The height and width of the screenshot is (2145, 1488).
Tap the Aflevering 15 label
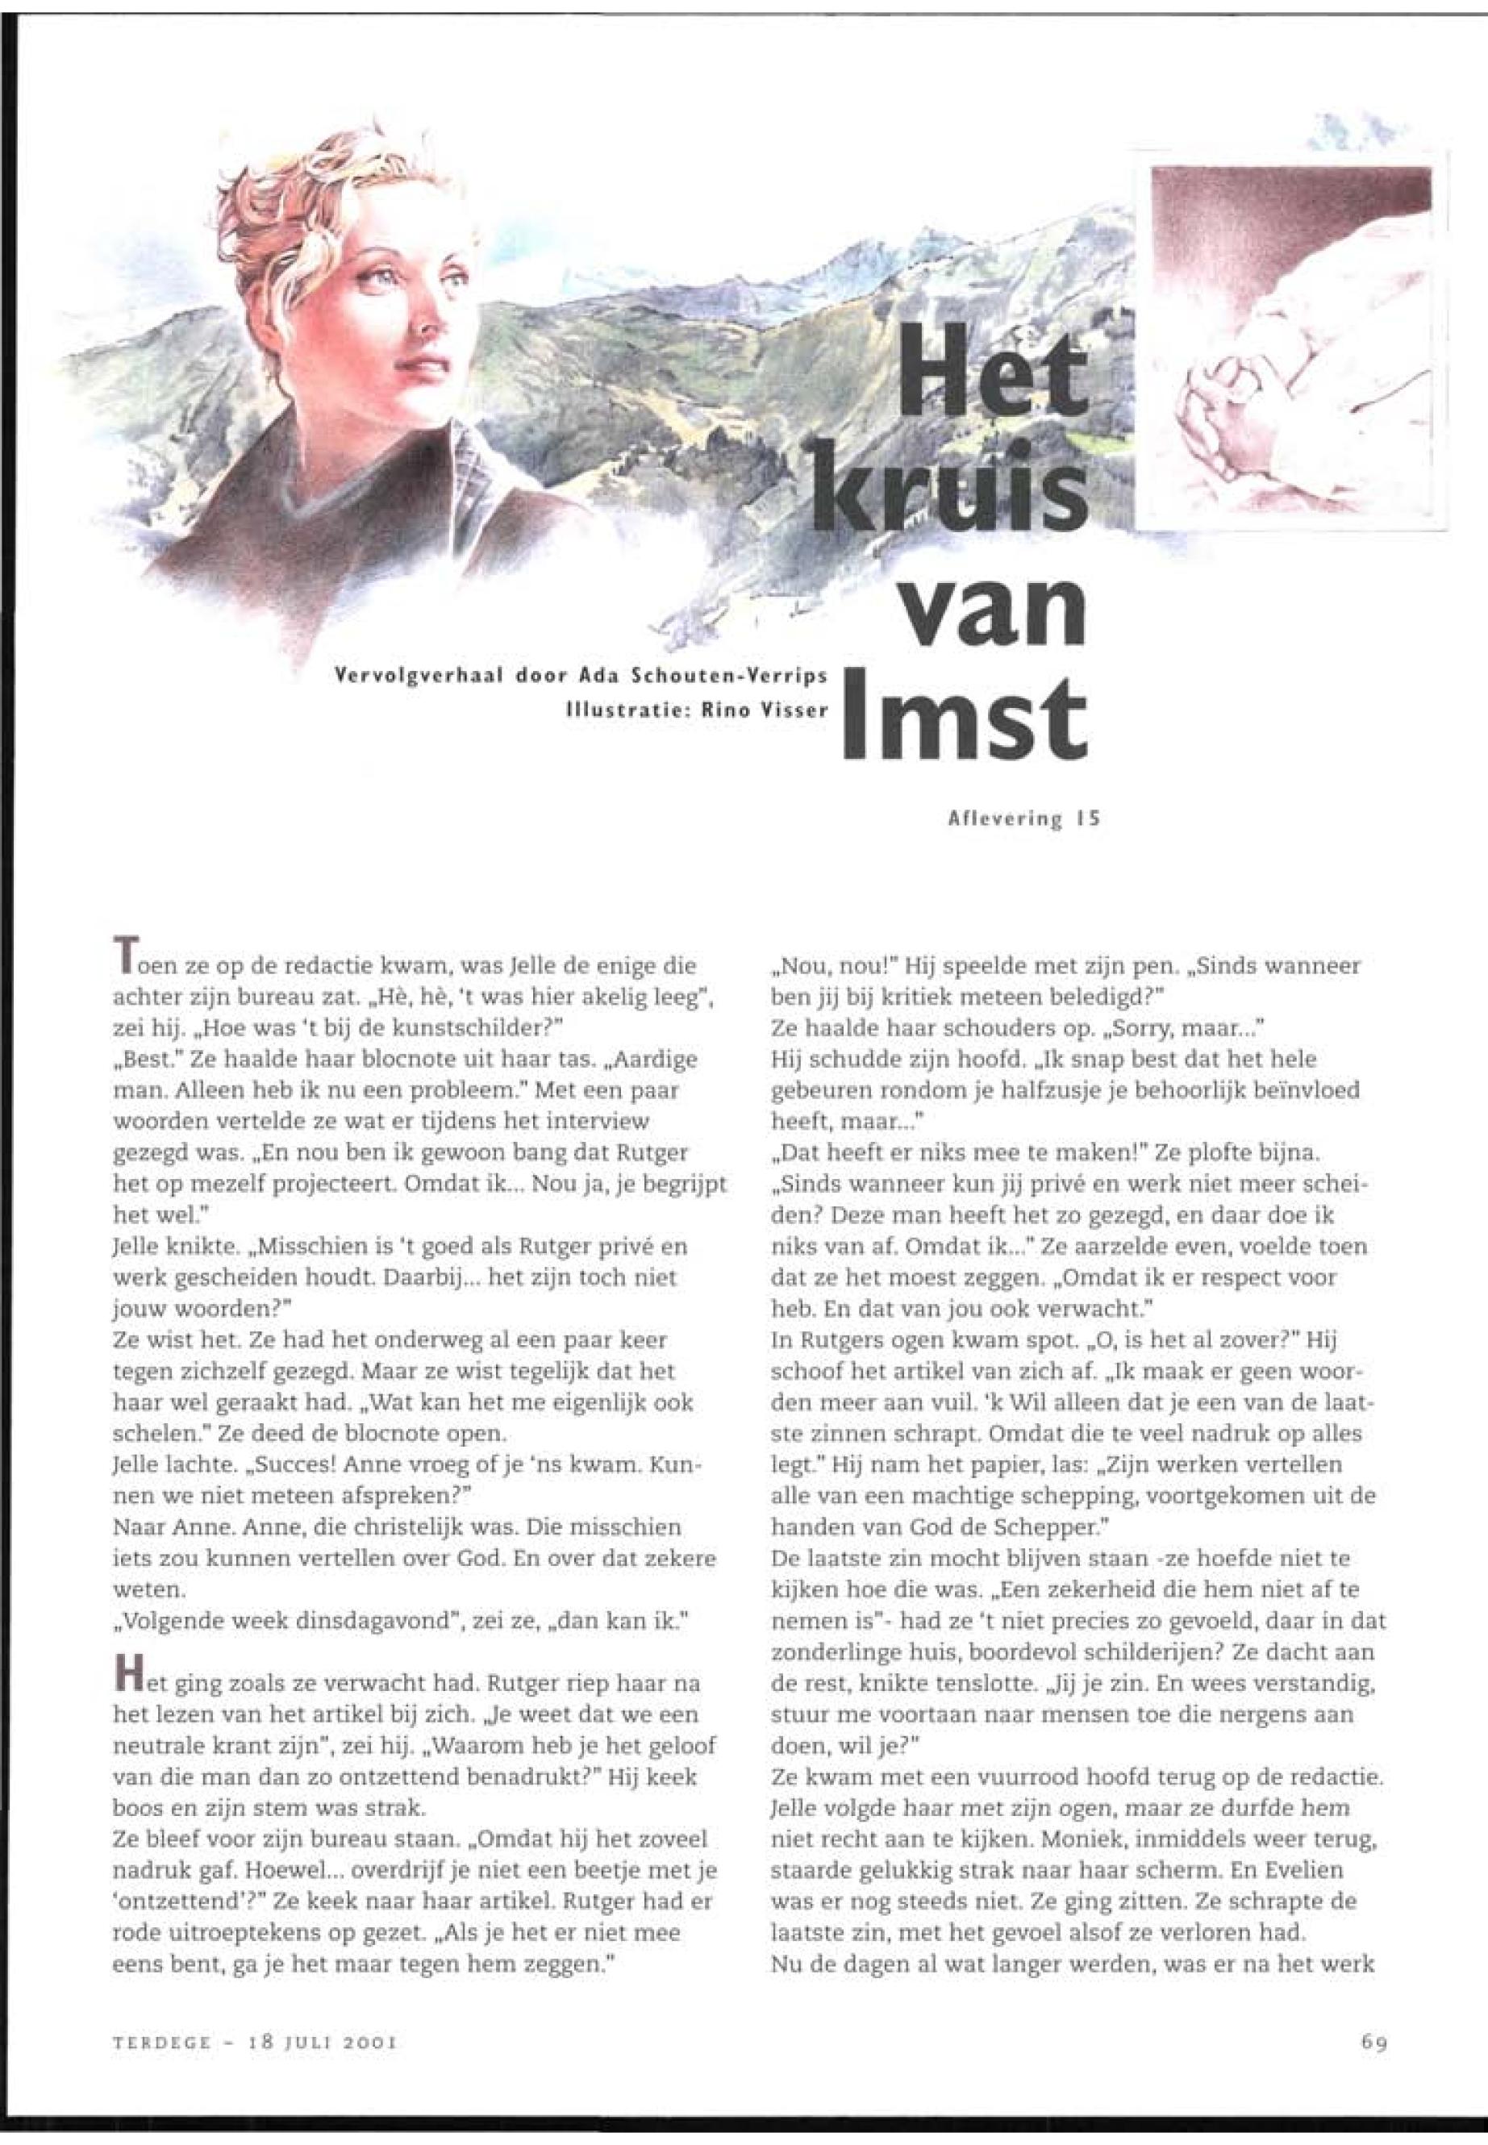point(1023,819)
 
